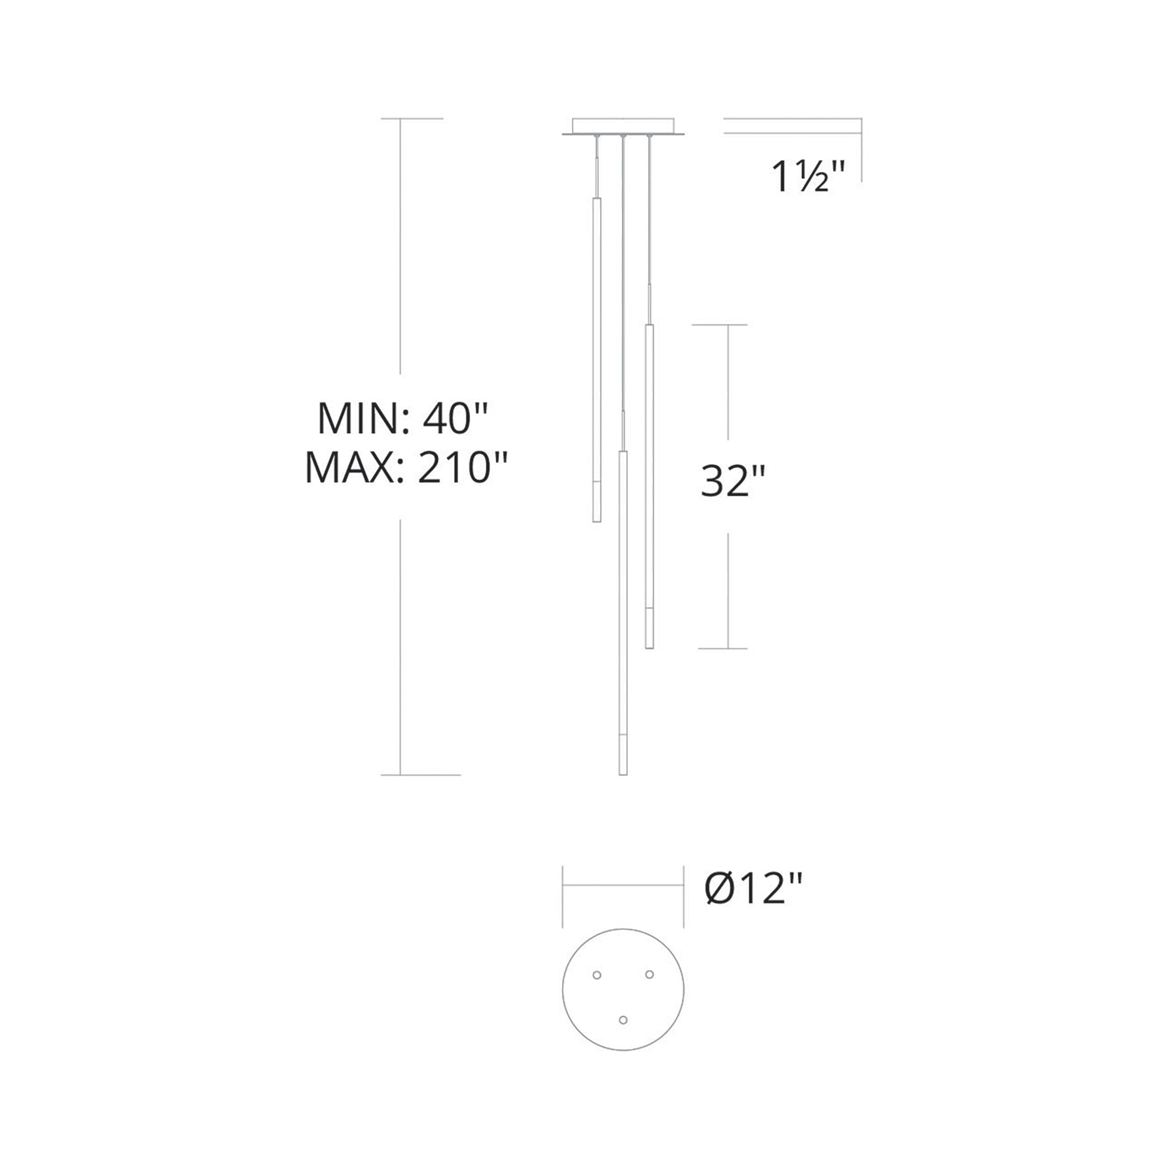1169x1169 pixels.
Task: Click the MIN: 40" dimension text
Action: [x=402, y=418]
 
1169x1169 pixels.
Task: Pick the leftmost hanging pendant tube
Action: [x=597, y=359]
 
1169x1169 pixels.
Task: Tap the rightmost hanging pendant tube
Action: [x=649, y=486]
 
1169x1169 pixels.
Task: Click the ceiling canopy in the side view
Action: [x=623, y=126]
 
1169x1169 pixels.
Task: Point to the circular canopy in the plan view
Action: [x=623, y=990]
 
